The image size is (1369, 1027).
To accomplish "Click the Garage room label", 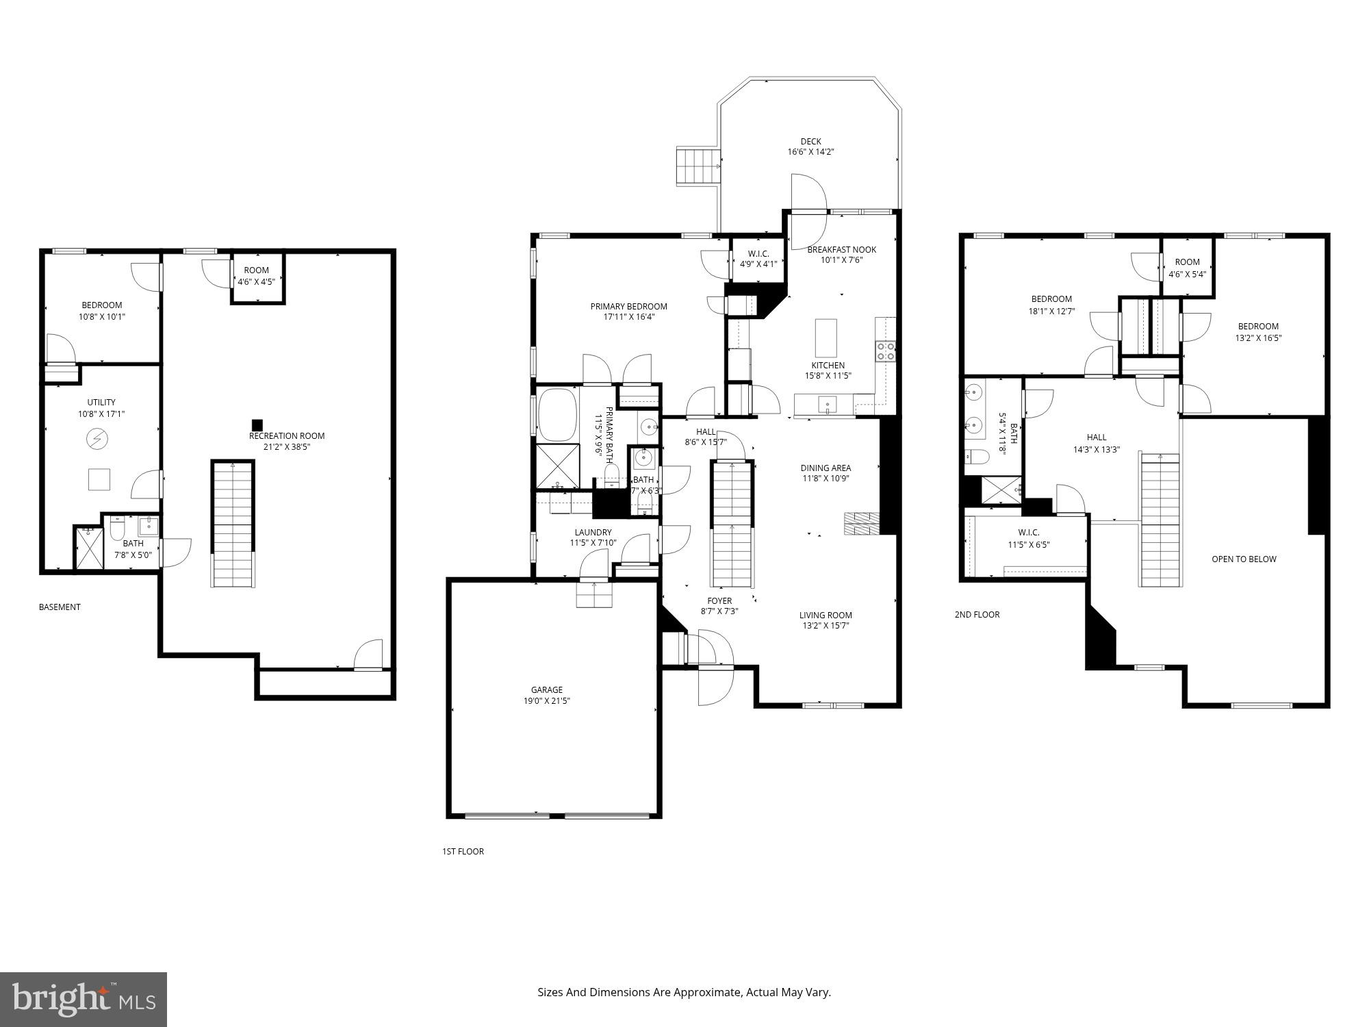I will click(x=546, y=689).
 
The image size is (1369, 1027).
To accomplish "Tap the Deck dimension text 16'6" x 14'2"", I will click(x=810, y=152).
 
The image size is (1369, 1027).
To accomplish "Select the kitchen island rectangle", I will click(x=826, y=338).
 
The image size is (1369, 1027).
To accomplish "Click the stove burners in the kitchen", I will click(x=885, y=351).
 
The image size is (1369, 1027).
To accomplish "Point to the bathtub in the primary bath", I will click(x=558, y=415).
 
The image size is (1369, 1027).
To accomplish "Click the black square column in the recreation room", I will click(x=257, y=424).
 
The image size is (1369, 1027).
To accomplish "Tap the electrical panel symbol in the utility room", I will click(x=94, y=438).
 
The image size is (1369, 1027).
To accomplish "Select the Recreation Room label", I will click(x=286, y=435).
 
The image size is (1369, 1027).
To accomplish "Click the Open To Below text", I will click(x=1243, y=559).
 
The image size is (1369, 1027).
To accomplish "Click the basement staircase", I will click(x=232, y=524).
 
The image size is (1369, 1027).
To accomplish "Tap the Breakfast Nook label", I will click(x=841, y=249).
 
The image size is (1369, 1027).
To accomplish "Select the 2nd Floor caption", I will click(x=977, y=614).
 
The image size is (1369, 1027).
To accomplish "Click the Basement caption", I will click(x=60, y=607).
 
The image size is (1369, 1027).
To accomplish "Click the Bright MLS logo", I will click(x=84, y=999).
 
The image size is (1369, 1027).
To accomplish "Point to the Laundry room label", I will click(x=593, y=532).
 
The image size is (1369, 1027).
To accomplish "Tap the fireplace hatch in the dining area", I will click(x=861, y=523).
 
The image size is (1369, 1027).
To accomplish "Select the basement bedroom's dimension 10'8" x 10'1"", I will click(x=102, y=316).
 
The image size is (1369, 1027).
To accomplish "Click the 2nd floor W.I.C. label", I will click(x=1028, y=532).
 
